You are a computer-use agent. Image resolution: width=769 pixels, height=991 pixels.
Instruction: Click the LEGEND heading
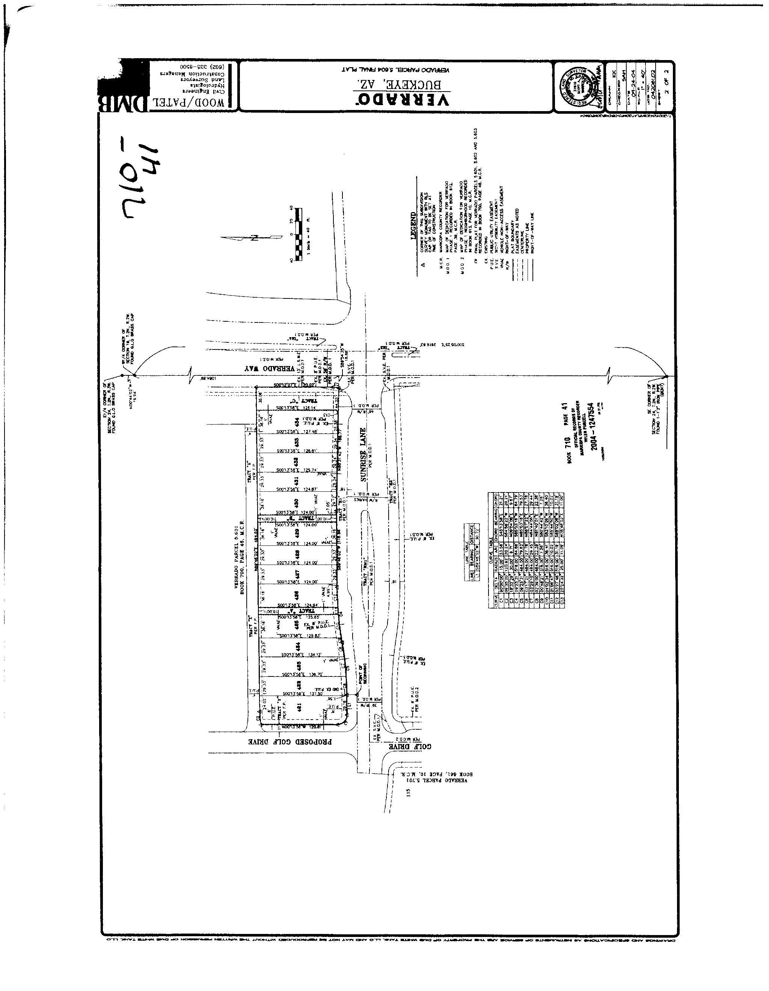coord(413,226)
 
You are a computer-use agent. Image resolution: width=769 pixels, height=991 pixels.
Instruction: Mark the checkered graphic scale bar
coord(298,234)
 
